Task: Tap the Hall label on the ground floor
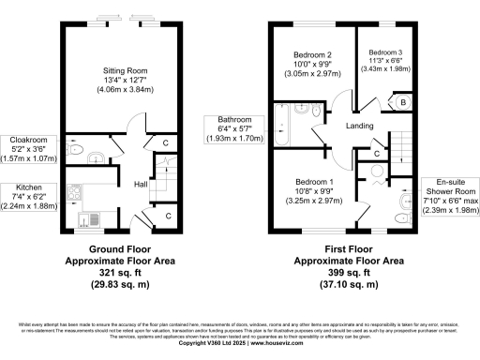pyautogui.click(x=141, y=184)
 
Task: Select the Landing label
pyautogui.click(x=359, y=127)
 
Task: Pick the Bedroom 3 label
pyautogui.click(x=386, y=52)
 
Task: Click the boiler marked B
pyautogui.click(x=402, y=101)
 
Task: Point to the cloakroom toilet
pyautogui.click(x=76, y=148)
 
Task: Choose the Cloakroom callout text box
pyautogui.click(x=28, y=149)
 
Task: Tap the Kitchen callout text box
pyautogui.click(x=28, y=198)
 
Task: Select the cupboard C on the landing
pyautogui.click(x=376, y=152)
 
